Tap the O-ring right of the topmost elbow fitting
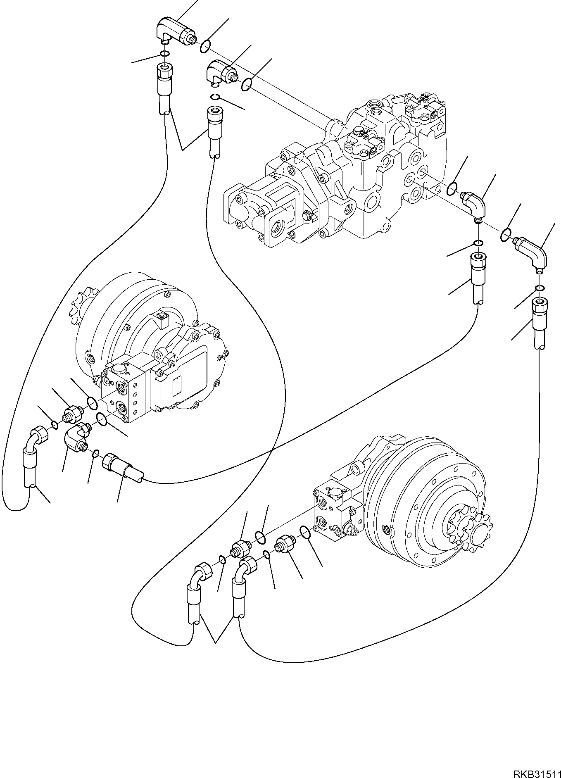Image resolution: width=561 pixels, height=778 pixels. click(205, 46)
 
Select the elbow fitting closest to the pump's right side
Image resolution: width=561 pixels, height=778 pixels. click(475, 204)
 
